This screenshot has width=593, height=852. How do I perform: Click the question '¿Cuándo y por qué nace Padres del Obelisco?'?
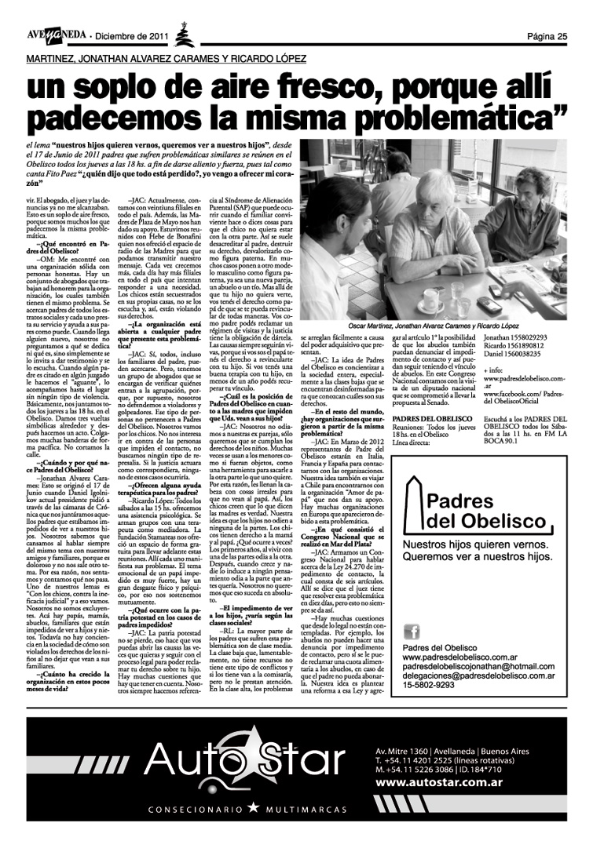click(62, 467)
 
